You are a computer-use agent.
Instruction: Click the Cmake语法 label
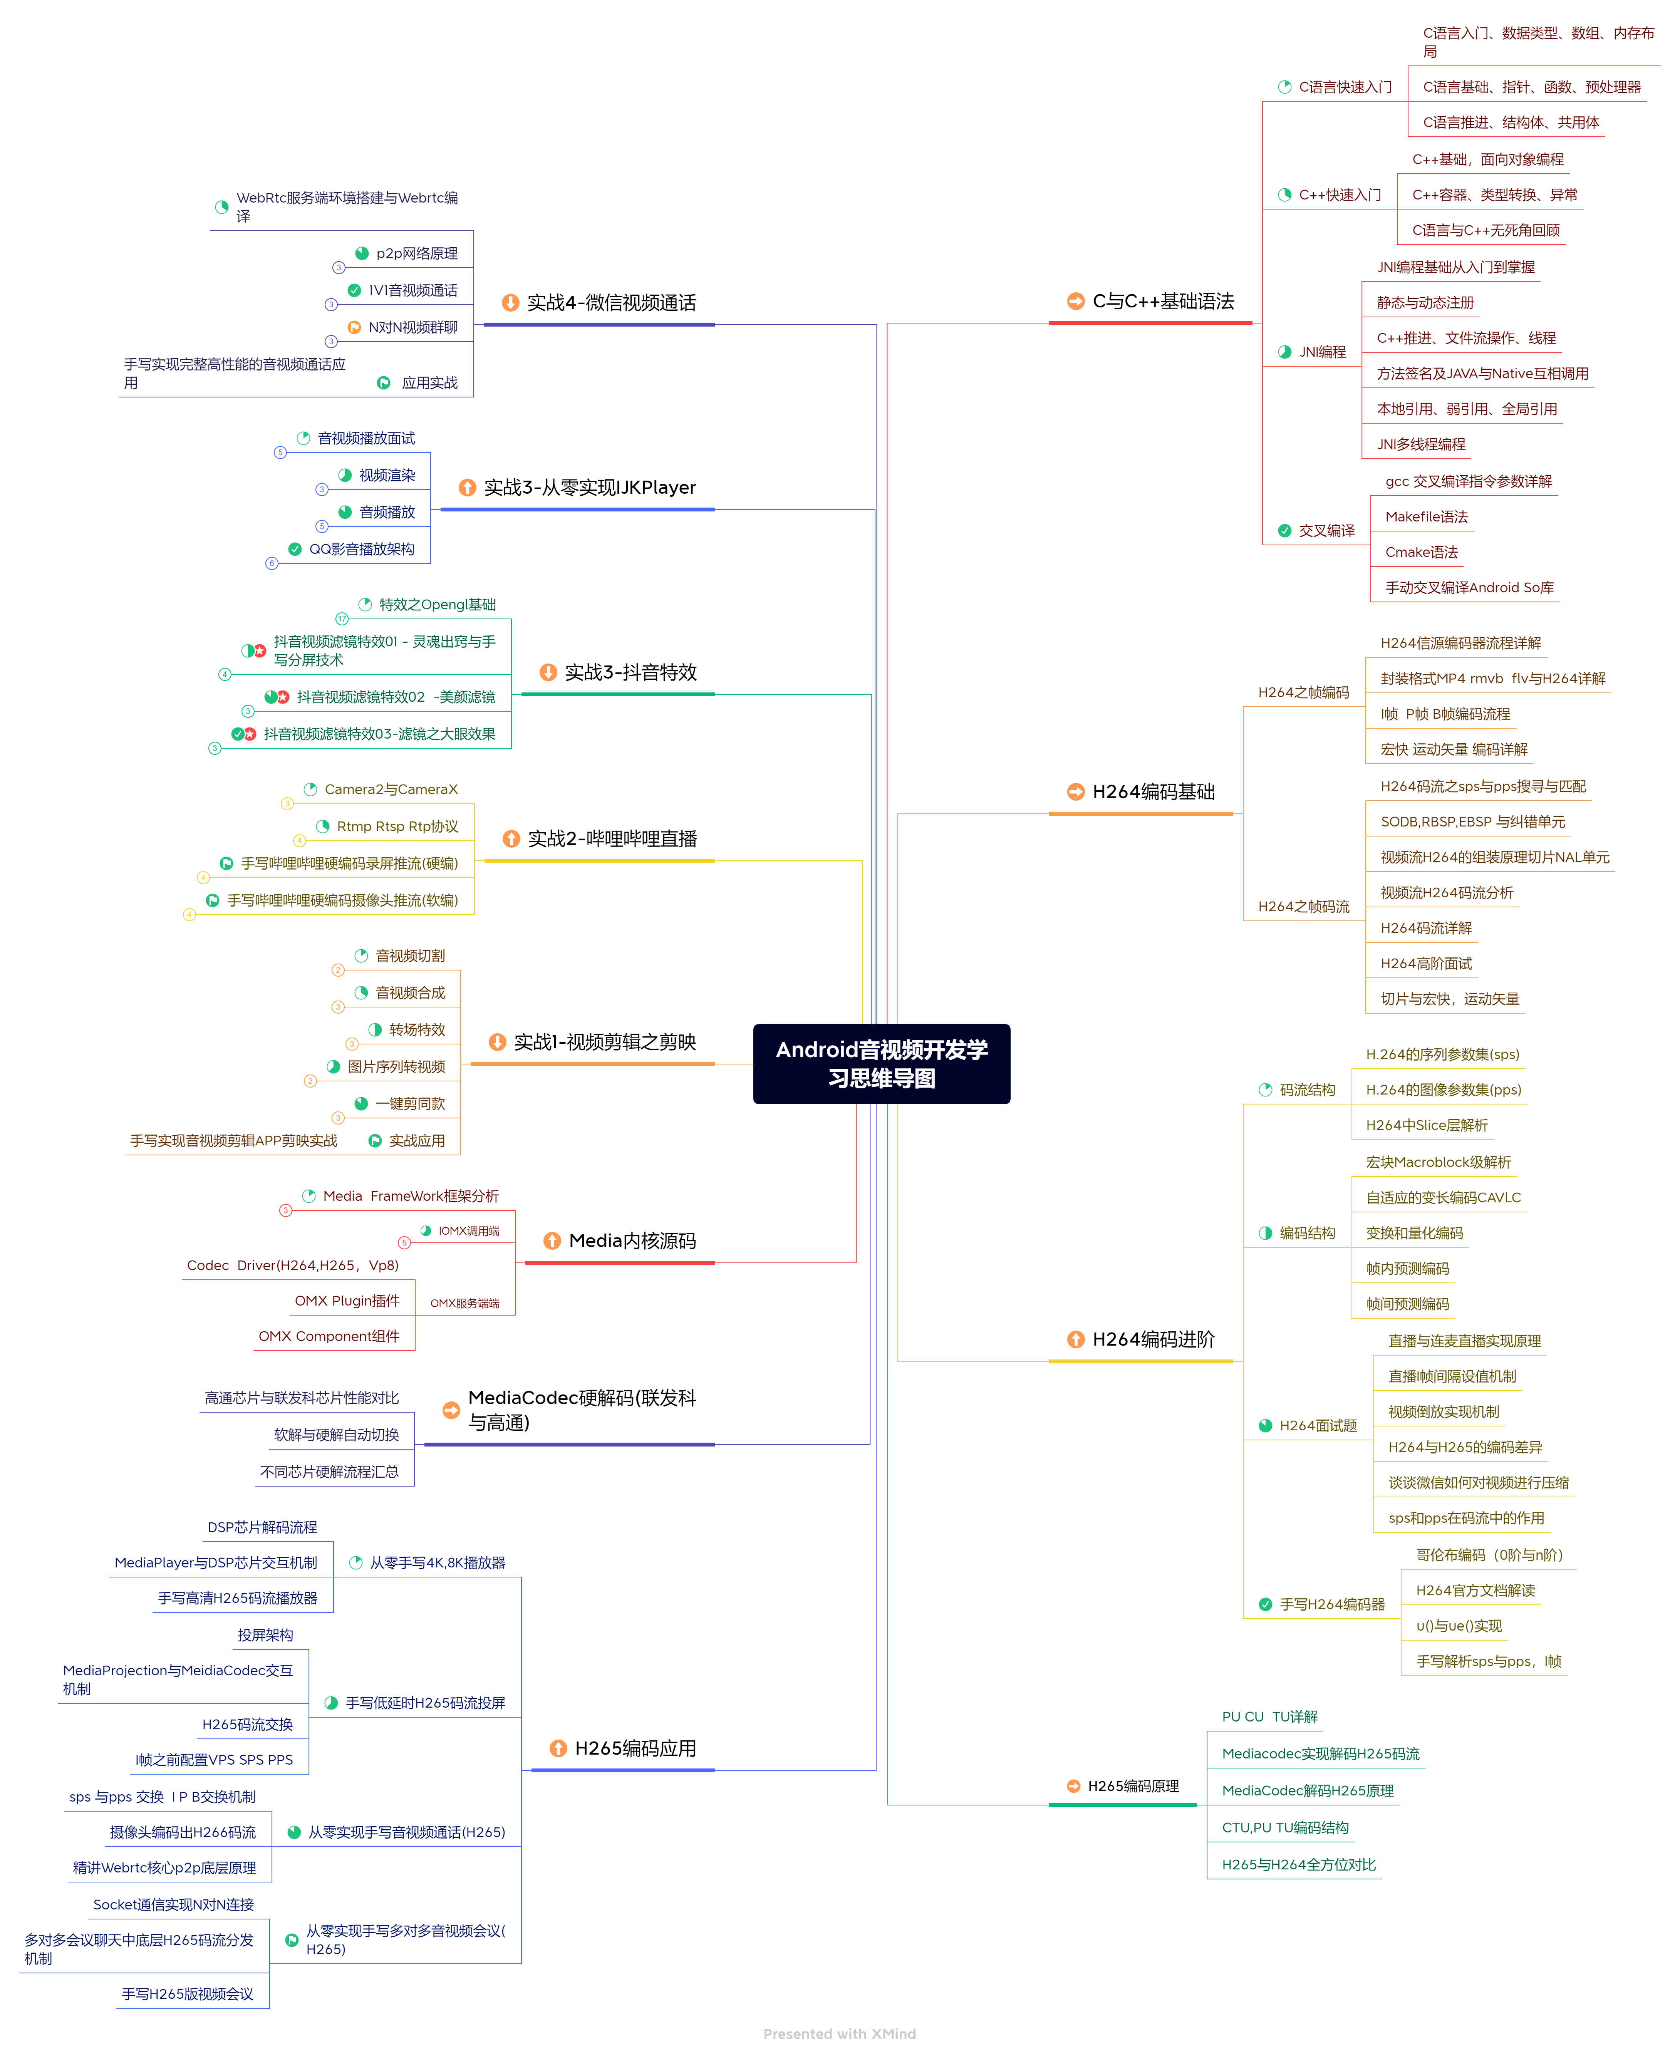point(1421,552)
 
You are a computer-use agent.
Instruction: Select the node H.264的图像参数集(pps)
point(1443,1090)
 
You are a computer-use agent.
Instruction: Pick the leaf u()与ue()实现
point(1459,1626)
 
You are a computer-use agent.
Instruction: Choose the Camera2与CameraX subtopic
point(391,789)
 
